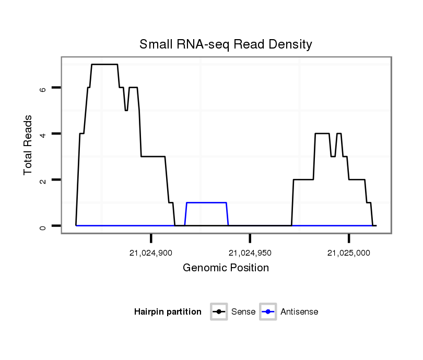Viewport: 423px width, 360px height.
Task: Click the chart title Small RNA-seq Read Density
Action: [x=226, y=44]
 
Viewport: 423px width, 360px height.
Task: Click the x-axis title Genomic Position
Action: [x=226, y=268]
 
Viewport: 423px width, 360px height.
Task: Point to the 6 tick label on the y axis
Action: [x=43, y=88]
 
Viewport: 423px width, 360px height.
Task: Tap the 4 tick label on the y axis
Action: [x=43, y=134]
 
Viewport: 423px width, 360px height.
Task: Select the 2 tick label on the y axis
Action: [x=43, y=180]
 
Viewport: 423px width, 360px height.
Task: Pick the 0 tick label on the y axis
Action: [x=43, y=226]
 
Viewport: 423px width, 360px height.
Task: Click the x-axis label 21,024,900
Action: [x=151, y=253]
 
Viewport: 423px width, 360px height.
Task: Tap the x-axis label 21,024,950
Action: [x=250, y=253]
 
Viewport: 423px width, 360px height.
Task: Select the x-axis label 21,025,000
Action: [x=349, y=253]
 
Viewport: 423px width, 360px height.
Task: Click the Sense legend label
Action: [x=243, y=312]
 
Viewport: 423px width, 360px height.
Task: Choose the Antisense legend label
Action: [x=299, y=312]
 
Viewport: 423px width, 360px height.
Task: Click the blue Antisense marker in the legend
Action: [x=268, y=312]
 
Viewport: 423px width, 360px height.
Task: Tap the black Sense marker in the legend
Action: [x=219, y=312]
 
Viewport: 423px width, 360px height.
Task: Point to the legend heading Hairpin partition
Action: [x=168, y=312]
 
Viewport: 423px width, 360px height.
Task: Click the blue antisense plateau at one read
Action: [x=206, y=202]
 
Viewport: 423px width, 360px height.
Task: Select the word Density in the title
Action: [x=290, y=44]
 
